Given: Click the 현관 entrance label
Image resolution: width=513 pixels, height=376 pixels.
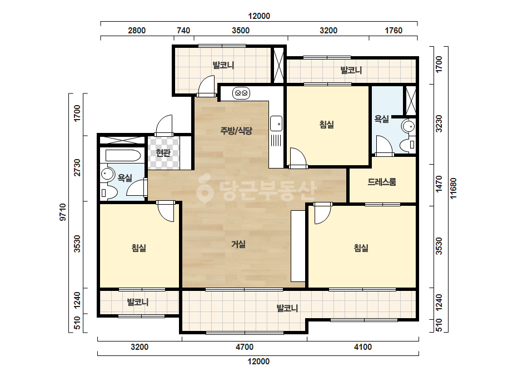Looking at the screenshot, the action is [163, 152].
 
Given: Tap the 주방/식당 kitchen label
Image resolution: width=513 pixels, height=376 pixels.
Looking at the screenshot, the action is [236, 131].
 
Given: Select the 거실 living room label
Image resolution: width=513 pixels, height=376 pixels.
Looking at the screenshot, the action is [238, 244].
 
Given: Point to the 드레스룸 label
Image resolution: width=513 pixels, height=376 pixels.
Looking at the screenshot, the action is [382, 182].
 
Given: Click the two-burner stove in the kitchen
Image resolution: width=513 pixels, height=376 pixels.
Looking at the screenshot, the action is [241, 93].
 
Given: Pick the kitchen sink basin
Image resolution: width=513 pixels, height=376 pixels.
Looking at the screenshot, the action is [276, 123].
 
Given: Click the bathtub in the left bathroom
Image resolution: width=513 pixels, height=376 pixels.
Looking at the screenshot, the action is [123, 155].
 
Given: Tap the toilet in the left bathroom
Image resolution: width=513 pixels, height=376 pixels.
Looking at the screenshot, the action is [108, 193].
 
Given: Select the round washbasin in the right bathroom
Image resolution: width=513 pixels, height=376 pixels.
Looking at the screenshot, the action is [408, 126].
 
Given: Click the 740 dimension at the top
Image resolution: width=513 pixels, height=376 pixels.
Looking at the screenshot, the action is [183, 31].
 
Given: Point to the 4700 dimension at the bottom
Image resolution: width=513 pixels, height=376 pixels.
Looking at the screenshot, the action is [245, 347].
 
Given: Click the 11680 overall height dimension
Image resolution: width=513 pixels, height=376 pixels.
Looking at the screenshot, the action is [453, 189].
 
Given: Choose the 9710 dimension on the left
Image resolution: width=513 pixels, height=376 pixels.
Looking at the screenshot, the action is [62, 212].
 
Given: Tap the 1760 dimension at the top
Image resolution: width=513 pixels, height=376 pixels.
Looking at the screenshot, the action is [394, 31].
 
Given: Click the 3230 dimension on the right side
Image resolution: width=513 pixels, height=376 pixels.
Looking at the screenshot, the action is [439, 124].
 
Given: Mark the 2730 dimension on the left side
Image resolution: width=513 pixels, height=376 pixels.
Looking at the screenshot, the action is [77, 167].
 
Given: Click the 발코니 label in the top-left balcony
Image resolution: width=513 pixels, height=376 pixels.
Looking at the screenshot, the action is [223, 65].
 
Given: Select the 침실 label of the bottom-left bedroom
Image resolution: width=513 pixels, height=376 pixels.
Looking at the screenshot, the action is [139, 248].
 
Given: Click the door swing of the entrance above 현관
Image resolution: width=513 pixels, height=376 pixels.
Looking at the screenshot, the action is [164, 125].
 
